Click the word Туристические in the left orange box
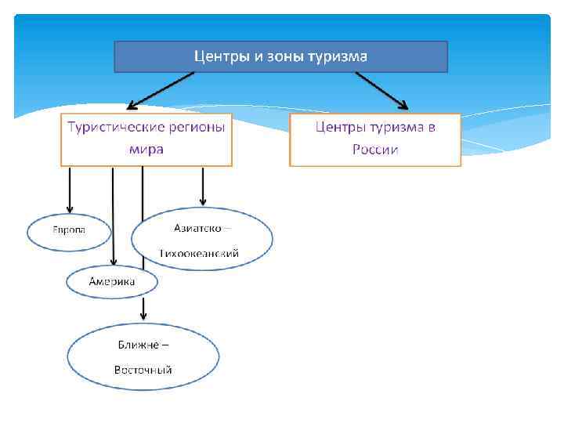tap(114, 127)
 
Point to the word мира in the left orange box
tap(146, 149)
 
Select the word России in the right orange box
tap(375, 149)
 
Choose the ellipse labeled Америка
tap(112, 281)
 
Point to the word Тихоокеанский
tap(199, 254)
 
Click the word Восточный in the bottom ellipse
tap(143, 370)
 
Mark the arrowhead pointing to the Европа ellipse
tap(70, 208)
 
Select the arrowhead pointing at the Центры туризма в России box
tap(403, 103)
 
